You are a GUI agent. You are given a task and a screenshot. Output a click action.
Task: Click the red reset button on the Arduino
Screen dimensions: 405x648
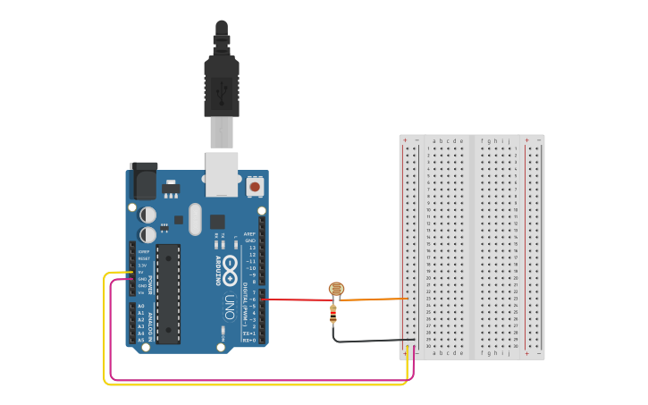coord(256,187)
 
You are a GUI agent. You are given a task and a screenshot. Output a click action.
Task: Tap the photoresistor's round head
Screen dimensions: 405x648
coord(336,289)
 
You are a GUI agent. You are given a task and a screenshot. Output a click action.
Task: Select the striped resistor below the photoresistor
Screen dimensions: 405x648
coord(333,313)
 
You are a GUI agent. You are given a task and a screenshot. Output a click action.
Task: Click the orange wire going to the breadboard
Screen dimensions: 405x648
coord(375,300)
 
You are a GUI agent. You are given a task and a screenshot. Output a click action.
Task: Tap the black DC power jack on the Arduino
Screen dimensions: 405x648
coord(143,181)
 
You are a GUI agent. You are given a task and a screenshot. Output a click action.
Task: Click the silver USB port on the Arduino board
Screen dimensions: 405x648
coord(222,173)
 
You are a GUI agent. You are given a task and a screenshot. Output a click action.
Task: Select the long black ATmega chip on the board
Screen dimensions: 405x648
coord(168,293)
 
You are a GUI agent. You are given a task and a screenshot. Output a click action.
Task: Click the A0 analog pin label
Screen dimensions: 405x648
coord(140,307)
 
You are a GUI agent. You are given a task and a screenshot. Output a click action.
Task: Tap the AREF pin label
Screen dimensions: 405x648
coord(249,234)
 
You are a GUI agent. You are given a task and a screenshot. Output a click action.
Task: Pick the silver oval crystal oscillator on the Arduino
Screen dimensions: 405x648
coord(195,219)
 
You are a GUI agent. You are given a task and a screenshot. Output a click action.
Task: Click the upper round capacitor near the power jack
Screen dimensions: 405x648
coord(148,215)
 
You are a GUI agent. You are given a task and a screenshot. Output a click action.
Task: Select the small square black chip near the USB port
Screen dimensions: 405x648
coord(217,221)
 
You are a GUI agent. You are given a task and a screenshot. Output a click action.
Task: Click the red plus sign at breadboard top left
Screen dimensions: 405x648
coord(405,140)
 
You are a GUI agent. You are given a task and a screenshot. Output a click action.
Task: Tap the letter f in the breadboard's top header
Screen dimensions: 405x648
coord(483,140)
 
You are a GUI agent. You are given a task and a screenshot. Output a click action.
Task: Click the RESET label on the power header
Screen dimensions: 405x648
coord(142,258)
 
